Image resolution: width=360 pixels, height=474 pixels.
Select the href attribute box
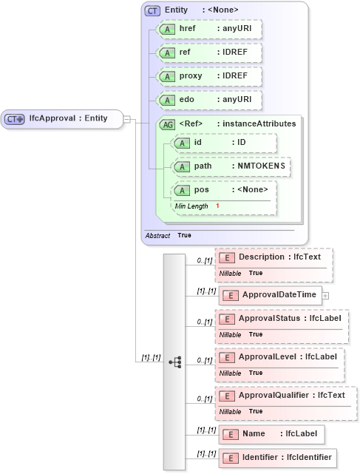pyautogui.click(x=210, y=29)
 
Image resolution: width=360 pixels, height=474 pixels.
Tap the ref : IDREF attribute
pyautogui.click(x=210, y=53)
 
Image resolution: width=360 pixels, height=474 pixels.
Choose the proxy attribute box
pyautogui.click(x=210, y=76)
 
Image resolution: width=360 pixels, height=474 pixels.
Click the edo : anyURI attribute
pyautogui.click(x=210, y=100)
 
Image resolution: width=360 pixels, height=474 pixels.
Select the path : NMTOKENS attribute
pyautogui.click(x=229, y=166)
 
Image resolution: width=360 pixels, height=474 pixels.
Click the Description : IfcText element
pyautogui.click(x=274, y=257)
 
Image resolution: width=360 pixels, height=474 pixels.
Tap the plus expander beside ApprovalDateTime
pyautogui.click(x=325, y=295)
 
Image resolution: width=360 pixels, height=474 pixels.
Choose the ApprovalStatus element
pyautogui.click(x=282, y=319)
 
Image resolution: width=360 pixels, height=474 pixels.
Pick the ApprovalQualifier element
pyautogui.click(x=285, y=396)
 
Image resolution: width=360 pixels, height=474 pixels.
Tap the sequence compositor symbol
pyautogui.click(x=175, y=362)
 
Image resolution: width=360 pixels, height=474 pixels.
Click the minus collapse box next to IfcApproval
pyautogui.click(x=127, y=118)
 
